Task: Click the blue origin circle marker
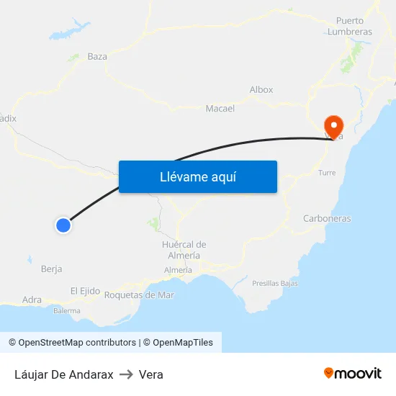point(63,225)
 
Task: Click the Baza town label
point(97,56)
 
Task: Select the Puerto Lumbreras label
point(350,27)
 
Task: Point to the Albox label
point(261,90)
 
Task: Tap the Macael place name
point(220,109)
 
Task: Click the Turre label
point(327,173)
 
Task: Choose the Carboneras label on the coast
point(327,218)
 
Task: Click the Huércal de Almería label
point(184,250)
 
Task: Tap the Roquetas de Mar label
point(139,294)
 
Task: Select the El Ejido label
point(85,291)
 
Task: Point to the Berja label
point(52,269)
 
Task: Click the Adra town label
point(32,300)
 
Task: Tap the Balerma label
point(67,311)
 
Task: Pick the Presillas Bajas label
point(275,284)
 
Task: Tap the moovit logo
point(353,374)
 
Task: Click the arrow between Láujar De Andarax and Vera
point(126,374)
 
